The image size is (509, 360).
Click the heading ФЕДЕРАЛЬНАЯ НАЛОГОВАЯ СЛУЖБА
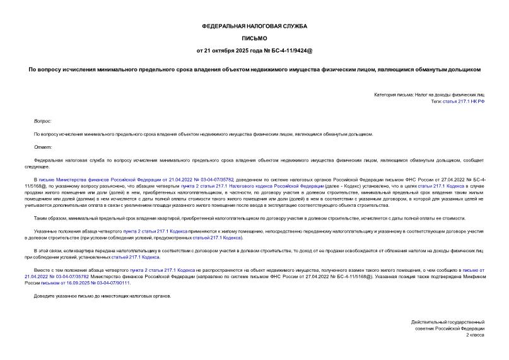(254, 26)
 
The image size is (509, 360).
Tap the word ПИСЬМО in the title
(254, 38)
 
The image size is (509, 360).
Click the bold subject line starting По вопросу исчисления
(254, 69)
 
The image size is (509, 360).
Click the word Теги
(437, 101)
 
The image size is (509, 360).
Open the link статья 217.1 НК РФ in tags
(464, 101)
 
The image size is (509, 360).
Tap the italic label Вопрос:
(43, 120)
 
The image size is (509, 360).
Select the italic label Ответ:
(42, 147)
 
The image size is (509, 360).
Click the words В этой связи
(47, 252)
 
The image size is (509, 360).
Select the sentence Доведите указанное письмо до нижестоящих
(102, 296)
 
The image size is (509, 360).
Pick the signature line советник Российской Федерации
(450, 328)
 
